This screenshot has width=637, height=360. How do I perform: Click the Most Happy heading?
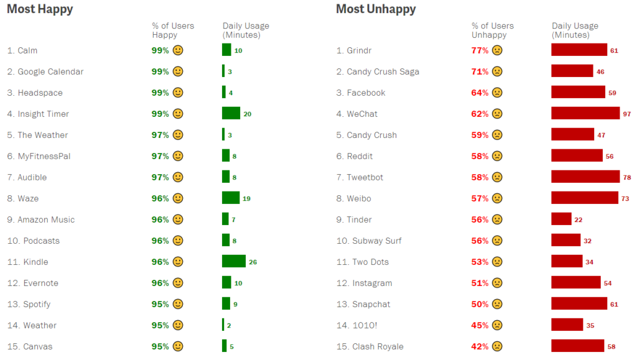pos(40,9)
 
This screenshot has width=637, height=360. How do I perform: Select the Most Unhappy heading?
pos(376,9)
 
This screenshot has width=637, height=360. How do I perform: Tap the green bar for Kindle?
pos(234,262)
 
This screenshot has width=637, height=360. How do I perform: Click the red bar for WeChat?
pos(585,114)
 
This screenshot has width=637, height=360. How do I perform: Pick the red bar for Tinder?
pos(561,219)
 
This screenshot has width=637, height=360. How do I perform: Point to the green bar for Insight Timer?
pos(231,114)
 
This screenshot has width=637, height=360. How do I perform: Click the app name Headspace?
pos(40,93)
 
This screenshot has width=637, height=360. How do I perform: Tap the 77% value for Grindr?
pos(480,50)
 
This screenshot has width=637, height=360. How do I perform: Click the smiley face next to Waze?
pos(178,198)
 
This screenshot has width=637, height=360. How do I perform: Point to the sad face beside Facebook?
pos(497,93)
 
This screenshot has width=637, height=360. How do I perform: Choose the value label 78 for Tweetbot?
pos(626,177)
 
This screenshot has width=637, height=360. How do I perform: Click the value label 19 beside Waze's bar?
pos(247,199)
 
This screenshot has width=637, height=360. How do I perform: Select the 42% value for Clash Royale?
pos(480,346)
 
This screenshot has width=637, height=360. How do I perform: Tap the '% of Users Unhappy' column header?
pos(493,30)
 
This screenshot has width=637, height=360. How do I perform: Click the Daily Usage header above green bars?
pos(246,30)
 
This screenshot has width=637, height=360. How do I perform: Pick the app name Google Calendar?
pos(50,72)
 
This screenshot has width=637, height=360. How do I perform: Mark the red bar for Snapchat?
pos(579,304)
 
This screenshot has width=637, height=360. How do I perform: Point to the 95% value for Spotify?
pos(160,304)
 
